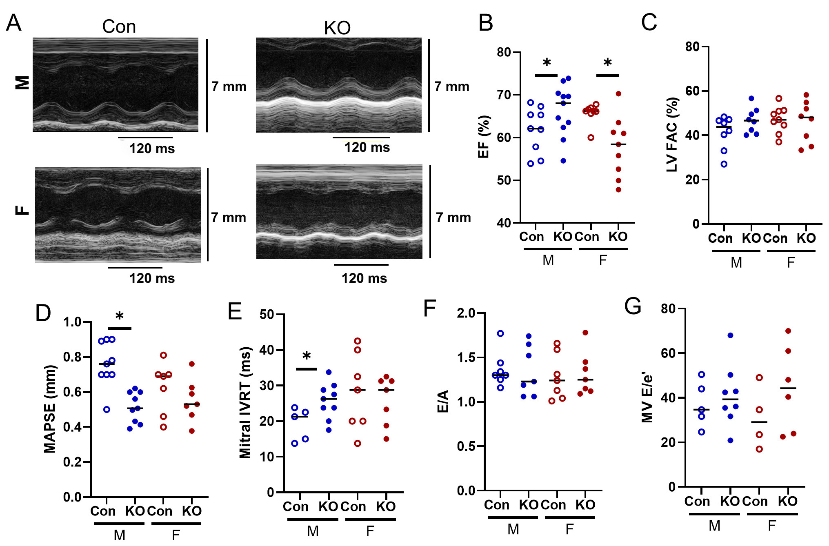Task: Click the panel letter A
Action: [x=13, y=23]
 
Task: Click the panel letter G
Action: [x=633, y=306]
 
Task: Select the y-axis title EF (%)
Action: [x=484, y=137]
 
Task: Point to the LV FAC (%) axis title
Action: [x=672, y=135]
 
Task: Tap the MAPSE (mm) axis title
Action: [x=50, y=409]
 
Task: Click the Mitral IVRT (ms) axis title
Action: [x=245, y=403]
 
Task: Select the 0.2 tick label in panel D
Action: [x=72, y=462]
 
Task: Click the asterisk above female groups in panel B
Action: [x=607, y=64]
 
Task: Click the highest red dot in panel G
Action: [x=788, y=331]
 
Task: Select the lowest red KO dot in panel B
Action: [x=618, y=190]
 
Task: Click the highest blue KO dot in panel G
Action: [x=730, y=335]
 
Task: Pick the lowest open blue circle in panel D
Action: [x=107, y=409]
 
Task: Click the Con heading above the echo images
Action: [x=119, y=27]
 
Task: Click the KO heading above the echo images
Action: [x=337, y=28]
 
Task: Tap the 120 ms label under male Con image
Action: [x=152, y=149]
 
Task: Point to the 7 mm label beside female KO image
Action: [x=453, y=218]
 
